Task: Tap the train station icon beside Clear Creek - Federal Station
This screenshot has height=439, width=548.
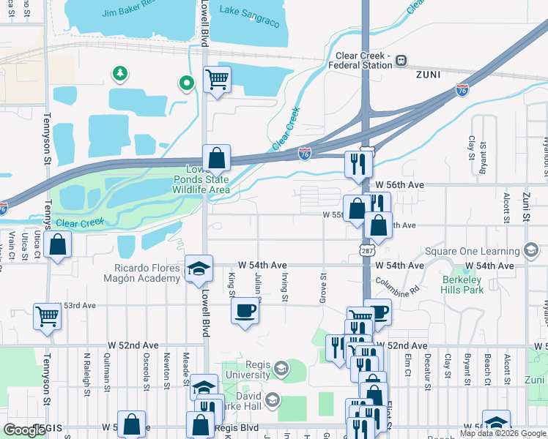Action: coord(401,59)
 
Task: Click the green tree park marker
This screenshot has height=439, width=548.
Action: coord(119,73)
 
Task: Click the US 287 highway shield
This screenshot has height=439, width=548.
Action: coord(364,250)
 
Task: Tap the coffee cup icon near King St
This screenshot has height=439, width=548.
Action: coord(245,310)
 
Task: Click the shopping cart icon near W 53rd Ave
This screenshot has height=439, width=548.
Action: coord(47,316)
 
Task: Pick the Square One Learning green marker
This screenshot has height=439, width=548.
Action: coord(532,252)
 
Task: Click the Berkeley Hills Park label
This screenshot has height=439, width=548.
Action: coord(463,285)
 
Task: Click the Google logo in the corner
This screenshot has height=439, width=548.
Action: coord(25,430)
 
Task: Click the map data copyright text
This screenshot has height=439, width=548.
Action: coord(502,433)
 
